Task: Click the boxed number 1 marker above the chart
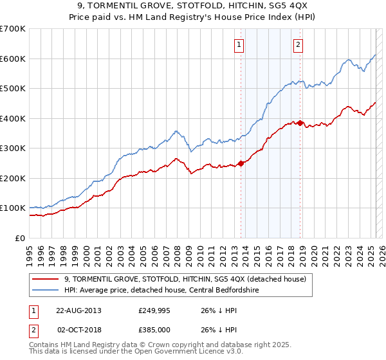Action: pyautogui.click(x=239, y=45)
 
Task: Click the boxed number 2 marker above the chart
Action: pyautogui.click(x=299, y=45)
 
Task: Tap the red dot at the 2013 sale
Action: pyautogui.click(x=241, y=163)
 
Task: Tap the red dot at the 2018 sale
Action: pyautogui.click(x=300, y=123)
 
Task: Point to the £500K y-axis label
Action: pyautogui.click(x=13, y=88)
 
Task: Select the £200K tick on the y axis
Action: pyautogui.click(x=13, y=178)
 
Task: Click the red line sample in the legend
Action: pyautogui.click(x=44, y=279)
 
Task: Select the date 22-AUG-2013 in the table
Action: pyautogui.click(x=78, y=310)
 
